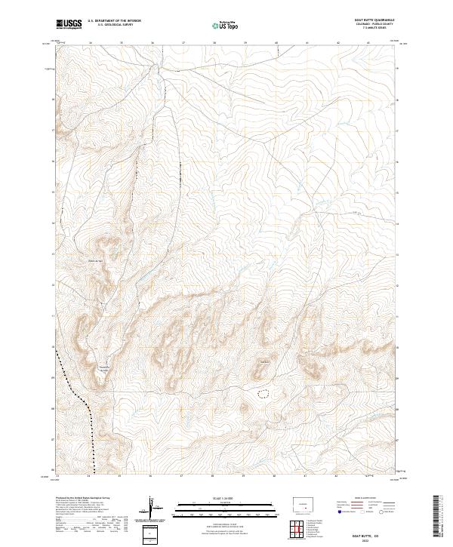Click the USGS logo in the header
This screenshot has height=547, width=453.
click(x=69, y=24)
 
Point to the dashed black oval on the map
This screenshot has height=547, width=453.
click(x=263, y=393)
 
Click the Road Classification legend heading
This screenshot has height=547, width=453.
click(x=355, y=499)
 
